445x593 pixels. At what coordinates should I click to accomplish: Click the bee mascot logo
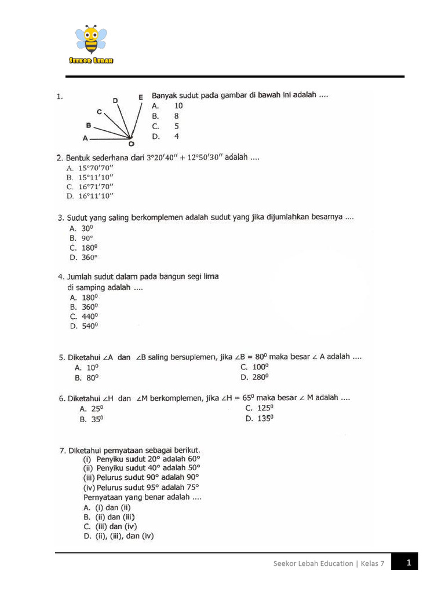[90, 39]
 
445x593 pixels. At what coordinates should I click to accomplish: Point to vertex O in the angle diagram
[131, 142]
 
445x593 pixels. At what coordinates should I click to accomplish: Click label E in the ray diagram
[140, 97]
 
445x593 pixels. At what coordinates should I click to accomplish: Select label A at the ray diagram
[85, 138]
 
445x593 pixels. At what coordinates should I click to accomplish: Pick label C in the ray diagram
[100, 111]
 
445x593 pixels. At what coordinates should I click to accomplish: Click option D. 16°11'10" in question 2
[90, 196]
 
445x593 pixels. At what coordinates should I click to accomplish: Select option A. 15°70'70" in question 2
[90, 168]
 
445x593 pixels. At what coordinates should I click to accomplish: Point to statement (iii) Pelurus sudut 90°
[141, 477]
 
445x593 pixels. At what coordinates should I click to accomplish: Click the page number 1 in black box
[408, 562]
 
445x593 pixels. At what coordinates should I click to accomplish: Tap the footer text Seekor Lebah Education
[313, 563]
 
